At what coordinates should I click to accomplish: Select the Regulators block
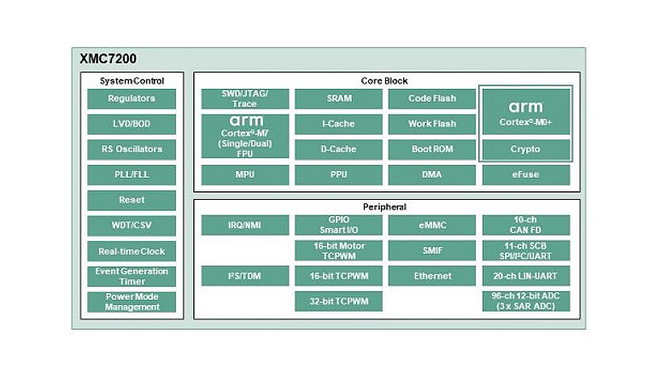132,98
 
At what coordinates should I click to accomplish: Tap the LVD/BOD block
132,124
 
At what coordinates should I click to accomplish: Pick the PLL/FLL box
132,174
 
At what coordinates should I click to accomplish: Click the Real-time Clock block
132,251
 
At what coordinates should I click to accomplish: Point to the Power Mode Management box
132,302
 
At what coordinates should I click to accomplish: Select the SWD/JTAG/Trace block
244,98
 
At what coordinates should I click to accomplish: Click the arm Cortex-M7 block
244,136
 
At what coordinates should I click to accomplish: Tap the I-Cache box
338,124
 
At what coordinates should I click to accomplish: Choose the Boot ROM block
432,149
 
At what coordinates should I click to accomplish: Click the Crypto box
525,149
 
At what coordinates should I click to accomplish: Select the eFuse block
525,175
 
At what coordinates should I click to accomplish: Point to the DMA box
432,175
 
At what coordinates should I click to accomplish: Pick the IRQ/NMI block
244,225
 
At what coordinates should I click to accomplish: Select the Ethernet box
432,276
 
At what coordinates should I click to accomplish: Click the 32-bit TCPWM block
338,302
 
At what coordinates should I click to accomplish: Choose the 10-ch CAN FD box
525,225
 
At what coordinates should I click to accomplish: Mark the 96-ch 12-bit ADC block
525,302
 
